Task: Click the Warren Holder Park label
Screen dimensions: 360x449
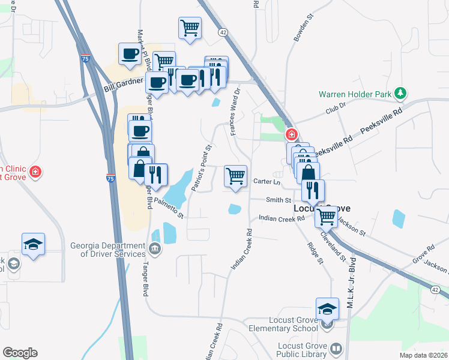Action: coord(354,94)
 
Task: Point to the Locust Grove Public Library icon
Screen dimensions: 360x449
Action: coord(336,348)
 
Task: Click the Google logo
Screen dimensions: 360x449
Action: coord(20,353)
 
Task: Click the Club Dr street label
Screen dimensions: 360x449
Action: coord(336,111)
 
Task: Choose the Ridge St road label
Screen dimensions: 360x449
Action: coord(316,253)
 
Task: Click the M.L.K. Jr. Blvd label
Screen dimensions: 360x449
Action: coord(352,282)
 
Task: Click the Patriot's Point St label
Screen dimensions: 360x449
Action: coord(202,167)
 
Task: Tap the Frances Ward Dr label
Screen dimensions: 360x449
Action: coord(234,112)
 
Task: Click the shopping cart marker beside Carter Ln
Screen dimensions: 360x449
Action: coord(235,176)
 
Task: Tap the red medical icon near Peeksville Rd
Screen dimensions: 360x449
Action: coord(292,134)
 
